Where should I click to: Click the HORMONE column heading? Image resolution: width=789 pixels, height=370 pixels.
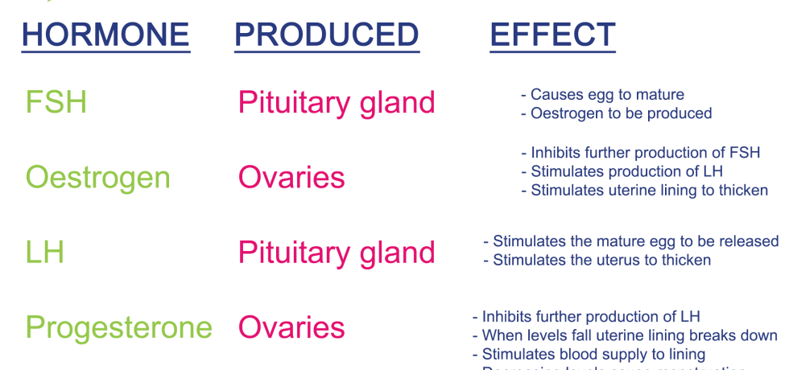pos(105,35)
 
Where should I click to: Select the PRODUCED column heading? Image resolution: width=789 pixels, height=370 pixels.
pos(326,35)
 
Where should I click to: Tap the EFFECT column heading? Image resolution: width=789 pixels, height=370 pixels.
pos(552,35)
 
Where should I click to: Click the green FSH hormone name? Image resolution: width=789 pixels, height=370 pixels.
pos(56,103)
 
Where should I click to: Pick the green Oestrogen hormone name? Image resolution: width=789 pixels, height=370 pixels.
pos(97,178)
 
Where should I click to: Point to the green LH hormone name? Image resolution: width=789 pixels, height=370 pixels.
pos(44,253)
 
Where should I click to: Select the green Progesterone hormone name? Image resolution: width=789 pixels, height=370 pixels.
pos(118,328)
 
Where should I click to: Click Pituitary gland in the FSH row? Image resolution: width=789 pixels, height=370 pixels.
pos(336,103)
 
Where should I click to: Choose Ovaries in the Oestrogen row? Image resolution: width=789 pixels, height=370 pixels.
pos(291,178)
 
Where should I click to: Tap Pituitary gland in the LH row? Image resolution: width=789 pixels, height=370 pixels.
pos(336,253)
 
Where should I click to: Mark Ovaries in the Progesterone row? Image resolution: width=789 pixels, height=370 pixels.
pos(291,328)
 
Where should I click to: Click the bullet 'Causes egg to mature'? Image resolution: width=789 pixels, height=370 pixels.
pos(602,95)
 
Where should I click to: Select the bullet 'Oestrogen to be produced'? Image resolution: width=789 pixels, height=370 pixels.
pos(616,114)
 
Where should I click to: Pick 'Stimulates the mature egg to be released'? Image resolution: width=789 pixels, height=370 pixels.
pos(630,241)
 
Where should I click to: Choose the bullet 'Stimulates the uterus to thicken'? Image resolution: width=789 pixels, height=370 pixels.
pos(597,261)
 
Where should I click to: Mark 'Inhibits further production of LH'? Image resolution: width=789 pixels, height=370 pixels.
pos(587,317)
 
